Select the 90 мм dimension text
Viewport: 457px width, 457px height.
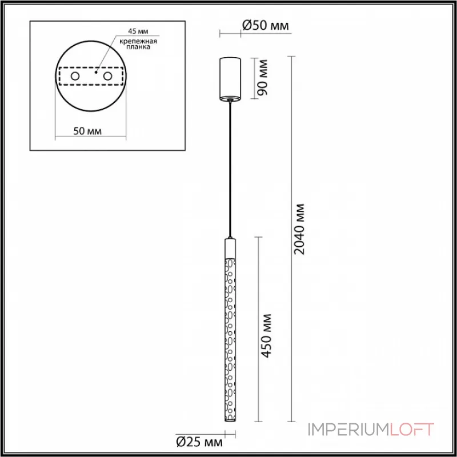263,77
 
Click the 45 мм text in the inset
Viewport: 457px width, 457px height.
127,32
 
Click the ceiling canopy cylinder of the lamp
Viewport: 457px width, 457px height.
231,77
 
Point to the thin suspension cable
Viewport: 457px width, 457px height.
230,171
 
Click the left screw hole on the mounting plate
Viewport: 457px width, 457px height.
75,76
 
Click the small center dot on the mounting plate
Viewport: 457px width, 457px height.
96,73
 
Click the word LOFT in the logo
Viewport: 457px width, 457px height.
412,429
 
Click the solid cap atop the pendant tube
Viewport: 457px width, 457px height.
230,247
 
